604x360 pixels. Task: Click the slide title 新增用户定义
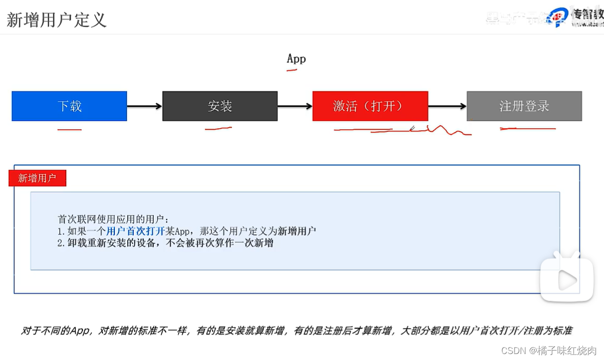[56, 20]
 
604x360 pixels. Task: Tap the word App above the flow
[296, 58]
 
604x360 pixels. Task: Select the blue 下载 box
[69, 106]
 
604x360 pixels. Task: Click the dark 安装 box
[220, 106]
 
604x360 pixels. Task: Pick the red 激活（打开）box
[370, 106]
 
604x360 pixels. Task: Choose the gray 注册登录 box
[524, 106]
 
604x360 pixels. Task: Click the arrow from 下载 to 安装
[144, 106]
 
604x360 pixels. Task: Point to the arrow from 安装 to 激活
[295, 106]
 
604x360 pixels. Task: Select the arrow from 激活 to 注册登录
[447, 106]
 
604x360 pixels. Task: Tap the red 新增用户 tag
[37, 178]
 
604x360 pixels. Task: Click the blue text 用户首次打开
[136, 231]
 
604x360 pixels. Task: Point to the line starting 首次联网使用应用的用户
[114, 219]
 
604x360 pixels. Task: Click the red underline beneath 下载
[69, 130]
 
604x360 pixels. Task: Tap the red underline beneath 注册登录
[528, 129]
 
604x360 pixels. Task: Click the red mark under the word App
[292, 70]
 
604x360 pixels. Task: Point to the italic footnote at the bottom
[297, 331]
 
